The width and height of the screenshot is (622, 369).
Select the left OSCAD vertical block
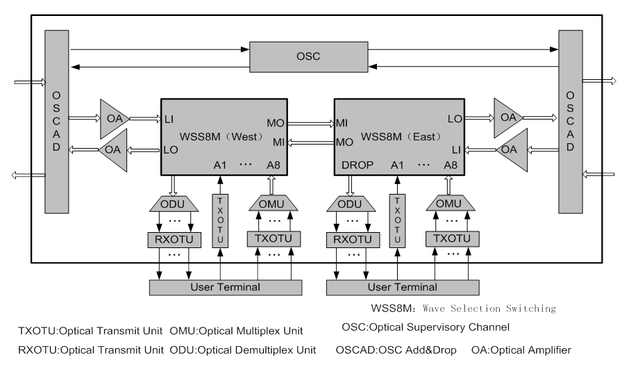click(55, 122)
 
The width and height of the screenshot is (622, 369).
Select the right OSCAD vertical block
click(571, 122)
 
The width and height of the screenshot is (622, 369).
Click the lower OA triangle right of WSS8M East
click(511, 149)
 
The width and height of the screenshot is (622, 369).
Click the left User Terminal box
click(224, 286)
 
